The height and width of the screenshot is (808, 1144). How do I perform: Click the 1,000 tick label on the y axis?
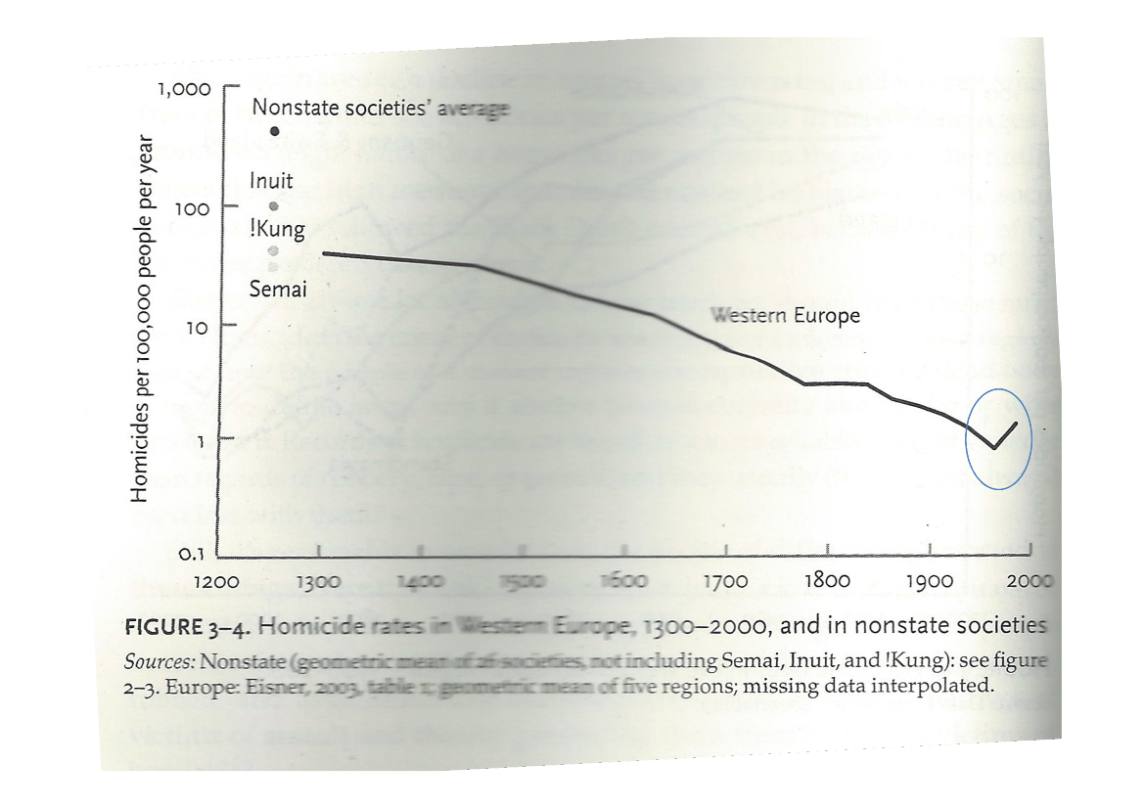pos(184,89)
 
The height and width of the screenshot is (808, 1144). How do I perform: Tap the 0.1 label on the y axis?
pos(192,554)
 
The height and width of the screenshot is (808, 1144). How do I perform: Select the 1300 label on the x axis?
pos(320,582)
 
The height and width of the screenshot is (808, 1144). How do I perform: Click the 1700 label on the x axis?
pos(725,582)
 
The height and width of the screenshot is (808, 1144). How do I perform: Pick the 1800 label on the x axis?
pos(828,582)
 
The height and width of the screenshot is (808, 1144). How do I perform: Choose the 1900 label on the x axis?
pos(930,582)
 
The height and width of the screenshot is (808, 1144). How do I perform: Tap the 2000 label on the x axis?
pos(1029,581)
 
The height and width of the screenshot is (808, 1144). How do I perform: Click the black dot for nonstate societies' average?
pos(275,130)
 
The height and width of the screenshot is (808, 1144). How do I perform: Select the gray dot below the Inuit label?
pos(274,206)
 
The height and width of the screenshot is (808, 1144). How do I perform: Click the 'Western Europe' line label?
pos(786,315)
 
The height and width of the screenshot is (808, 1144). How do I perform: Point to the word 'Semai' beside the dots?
pos(278,290)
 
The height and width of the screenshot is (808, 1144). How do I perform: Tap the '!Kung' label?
pos(277,230)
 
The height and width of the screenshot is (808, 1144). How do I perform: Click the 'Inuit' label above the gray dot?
pos(271,181)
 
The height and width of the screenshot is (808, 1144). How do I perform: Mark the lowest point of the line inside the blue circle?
pos(994,447)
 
